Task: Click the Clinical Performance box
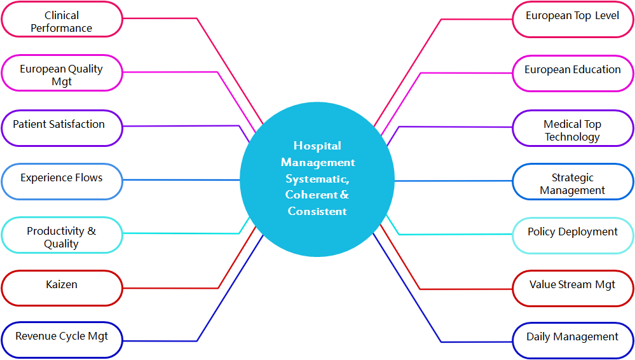[x=62, y=21]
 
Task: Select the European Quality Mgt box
[x=62, y=74]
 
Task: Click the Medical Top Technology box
[x=573, y=129]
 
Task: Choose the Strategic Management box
[x=573, y=183]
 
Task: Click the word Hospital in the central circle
[x=317, y=146]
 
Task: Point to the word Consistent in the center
[x=317, y=211]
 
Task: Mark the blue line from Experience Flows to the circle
[x=181, y=180]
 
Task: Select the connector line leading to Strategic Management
[x=453, y=181]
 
